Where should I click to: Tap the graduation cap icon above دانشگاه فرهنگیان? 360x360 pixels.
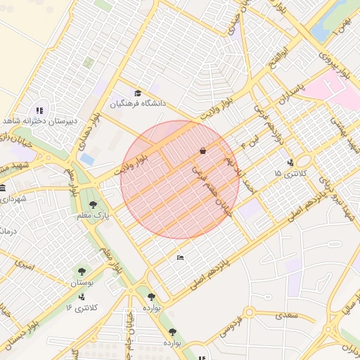point(138,93)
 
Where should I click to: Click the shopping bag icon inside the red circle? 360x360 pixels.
point(202,150)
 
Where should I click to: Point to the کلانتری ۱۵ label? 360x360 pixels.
point(287,172)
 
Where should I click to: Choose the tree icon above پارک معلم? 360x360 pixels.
point(93,205)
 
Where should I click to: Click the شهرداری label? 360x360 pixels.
point(13,200)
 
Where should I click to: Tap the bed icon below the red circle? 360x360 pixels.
point(181,257)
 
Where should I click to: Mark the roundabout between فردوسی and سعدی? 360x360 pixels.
point(249,312)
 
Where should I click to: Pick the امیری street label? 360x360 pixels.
point(23,265)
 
